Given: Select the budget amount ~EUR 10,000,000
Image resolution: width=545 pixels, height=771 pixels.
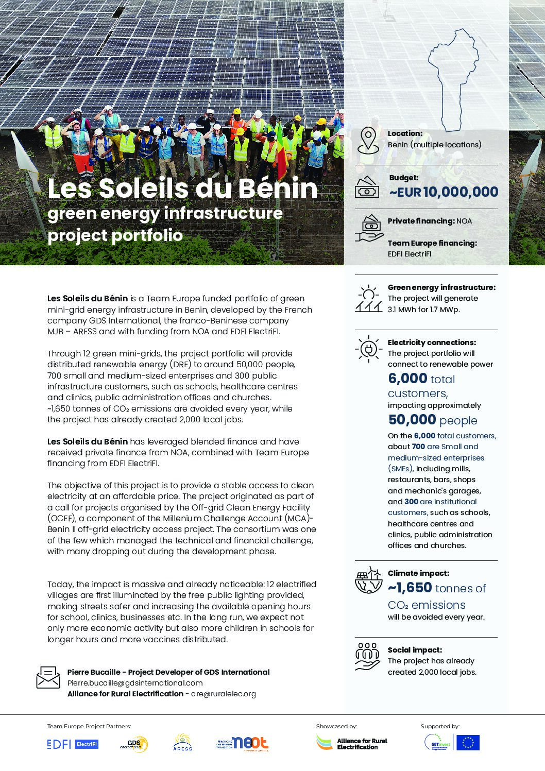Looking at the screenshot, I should pyautogui.click(x=444, y=192).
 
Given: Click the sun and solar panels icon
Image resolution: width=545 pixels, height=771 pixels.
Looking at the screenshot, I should pyautogui.click(x=368, y=299).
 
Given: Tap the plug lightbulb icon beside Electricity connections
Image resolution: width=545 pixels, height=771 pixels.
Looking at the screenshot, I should pyautogui.click(x=368, y=348).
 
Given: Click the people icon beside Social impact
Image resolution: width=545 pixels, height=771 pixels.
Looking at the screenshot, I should pyautogui.click(x=368, y=656).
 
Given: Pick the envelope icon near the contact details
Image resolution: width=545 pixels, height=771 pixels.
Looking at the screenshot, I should pyautogui.click(x=48, y=677).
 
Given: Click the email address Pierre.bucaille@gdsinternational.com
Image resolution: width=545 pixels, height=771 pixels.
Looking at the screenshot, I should pyautogui.click(x=135, y=683).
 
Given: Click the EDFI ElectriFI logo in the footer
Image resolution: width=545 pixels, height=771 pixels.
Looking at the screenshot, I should pyautogui.click(x=72, y=744).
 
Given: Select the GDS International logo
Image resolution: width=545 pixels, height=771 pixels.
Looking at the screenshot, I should pyautogui.click(x=134, y=744).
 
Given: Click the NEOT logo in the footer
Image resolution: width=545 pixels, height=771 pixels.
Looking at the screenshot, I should pyautogui.click(x=243, y=743).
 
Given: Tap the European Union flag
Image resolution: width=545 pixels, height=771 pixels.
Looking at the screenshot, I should pyautogui.click(x=468, y=743).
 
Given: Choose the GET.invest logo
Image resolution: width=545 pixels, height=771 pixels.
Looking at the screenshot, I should pyautogui.click(x=438, y=743).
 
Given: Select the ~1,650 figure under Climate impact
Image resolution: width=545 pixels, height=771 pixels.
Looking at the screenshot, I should pyautogui.click(x=410, y=588).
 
